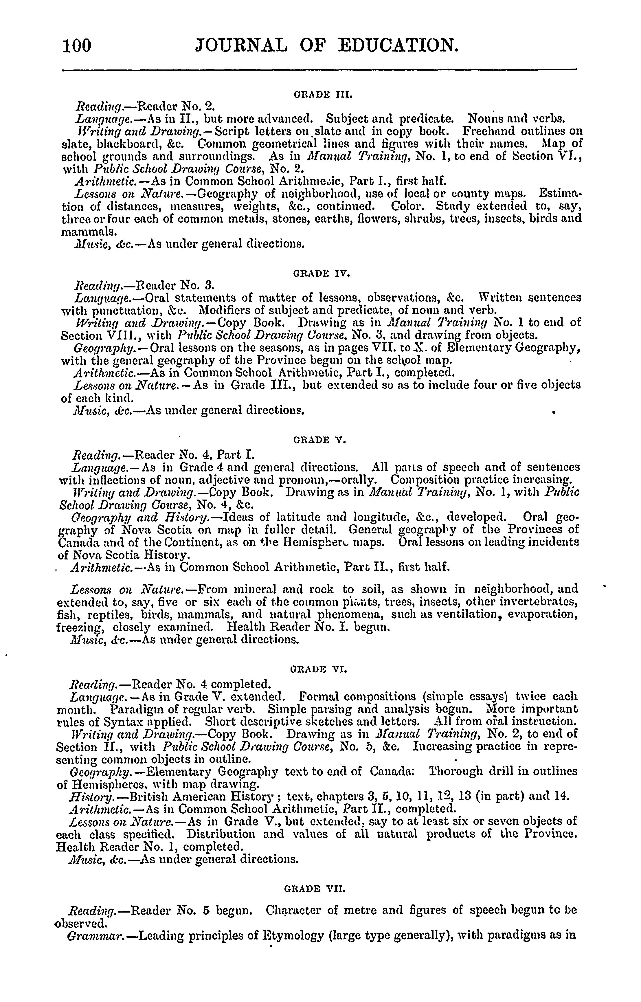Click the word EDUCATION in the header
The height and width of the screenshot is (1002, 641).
click(x=398, y=45)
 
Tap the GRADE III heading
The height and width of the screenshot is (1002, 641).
click(x=323, y=95)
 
